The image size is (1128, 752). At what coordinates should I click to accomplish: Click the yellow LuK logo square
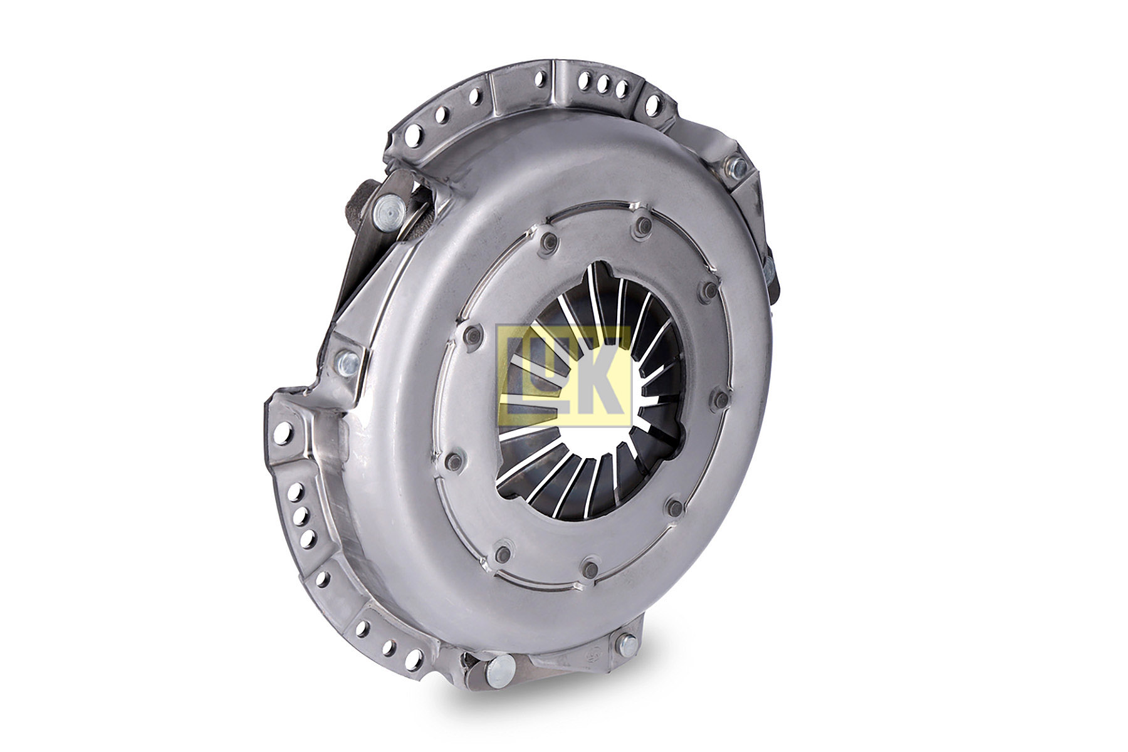tap(563, 376)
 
